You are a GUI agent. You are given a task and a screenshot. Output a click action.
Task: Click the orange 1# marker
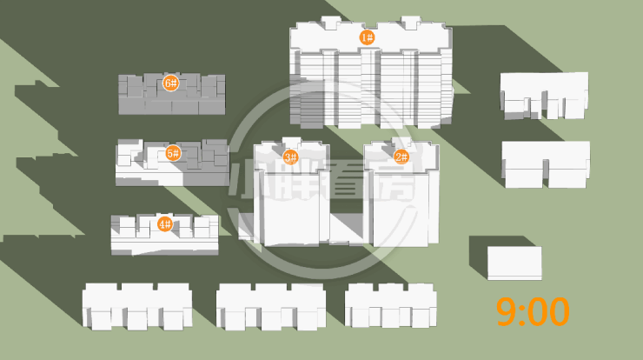pyautogui.click(x=367, y=37)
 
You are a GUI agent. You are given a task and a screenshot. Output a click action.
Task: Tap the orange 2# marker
pyautogui.click(x=401, y=157)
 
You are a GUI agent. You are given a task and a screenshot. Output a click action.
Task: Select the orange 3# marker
pyautogui.click(x=290, y=157)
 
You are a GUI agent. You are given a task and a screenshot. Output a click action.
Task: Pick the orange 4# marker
pyautogui.click(x=164, y=224)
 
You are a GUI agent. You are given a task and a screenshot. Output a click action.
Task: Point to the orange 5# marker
pyautogui.click(x=172, y=154)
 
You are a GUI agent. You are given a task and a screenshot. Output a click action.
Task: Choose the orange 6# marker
pyautogui.click(x=170, y=83)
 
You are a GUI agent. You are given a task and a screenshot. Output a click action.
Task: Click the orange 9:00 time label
pyautogui.click(x=533, y=311)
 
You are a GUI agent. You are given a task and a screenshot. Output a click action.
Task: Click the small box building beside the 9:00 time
pyautogui.click(x=514, y=263)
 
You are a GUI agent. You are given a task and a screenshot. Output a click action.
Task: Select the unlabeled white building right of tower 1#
pyautogui.click(x=545, y=95)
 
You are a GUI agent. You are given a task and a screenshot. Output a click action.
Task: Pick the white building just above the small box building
pyautogui.click(x=546, y=163)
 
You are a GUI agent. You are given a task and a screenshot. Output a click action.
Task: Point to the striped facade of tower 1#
pyautogui.click(x=374, y=87)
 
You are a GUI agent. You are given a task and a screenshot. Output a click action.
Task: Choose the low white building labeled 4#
pyautogui.click(x=163, y=239)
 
